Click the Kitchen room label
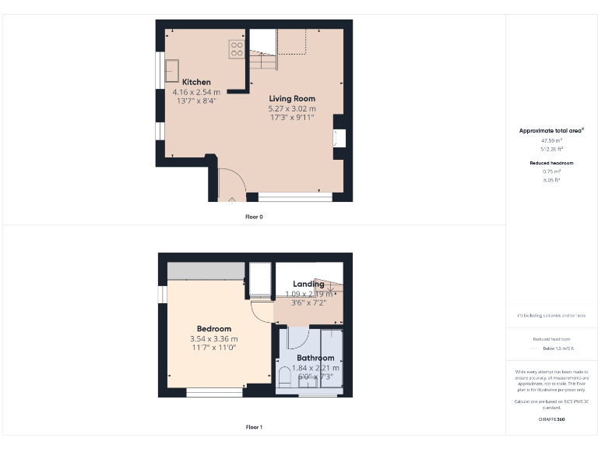[x=196, y=82]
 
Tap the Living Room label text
[x=292, y=98]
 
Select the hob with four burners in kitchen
[x=237, y=49]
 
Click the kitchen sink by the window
[x=171, y=70]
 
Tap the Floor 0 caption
[x=254, y=217]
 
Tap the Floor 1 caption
[x=254, y=427]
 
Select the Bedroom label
[x=213, y=329]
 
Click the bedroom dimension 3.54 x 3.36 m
[x=213, y=339]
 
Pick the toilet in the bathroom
[x=285, y=378]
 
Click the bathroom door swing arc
[x=297, y=338]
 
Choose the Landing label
[x=308, y=285]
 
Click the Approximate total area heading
[x=552, y=130]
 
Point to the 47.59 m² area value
[x=552, y=140]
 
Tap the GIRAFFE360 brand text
[x=552, y=419]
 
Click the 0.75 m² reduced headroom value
[x=552, y=171]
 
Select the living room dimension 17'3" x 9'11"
[x=292, y=118]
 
